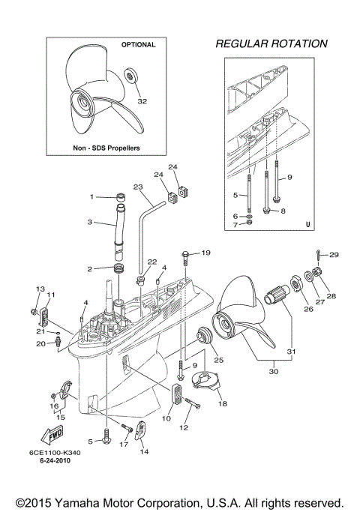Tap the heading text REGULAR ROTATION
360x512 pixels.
[x=271, y=43]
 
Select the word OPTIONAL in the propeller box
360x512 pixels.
[x=138, y=45]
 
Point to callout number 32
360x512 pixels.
[x=142, y=100]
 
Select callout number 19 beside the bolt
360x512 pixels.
[x=206, y=253]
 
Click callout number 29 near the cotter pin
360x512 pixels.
[x=334, y=255]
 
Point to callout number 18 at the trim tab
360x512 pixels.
[x=222, y=403]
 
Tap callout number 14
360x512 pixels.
[x=144, y=451]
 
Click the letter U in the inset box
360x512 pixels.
[x=307, y=223]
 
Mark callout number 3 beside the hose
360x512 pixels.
[x=89, y=222]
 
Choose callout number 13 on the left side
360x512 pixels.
[x=40, y=289]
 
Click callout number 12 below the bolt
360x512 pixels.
[x=184, y=427]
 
